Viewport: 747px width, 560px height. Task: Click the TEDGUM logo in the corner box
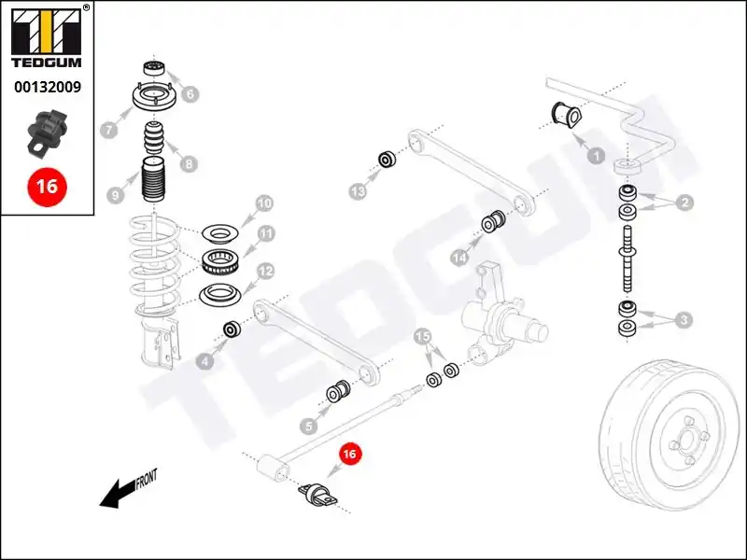click(x=46, y=37)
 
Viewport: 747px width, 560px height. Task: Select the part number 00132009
click(x=48, y=87)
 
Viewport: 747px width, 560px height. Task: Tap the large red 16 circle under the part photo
click(x=48, y=186)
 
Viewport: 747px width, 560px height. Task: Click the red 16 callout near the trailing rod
click(x=350, y=454)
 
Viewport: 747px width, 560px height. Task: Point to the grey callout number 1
click(x=596, y=156)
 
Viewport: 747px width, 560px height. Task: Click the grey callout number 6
click(x=190, y=94)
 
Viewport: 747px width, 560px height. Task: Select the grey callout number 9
click(x=115, y=194)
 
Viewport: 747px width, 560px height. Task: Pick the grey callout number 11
click(x=266, y=233)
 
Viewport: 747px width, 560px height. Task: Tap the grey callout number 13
click(x=358, y=192)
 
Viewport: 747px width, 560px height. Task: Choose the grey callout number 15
click(x=422, y=337)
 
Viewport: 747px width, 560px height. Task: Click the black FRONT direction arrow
click(x=117, y=494)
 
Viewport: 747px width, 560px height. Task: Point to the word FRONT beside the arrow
click(x=147, y=479)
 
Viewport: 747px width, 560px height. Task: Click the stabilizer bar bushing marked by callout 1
click(x=567, y=115)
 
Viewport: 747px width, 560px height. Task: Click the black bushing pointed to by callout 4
click(x=232, y=329)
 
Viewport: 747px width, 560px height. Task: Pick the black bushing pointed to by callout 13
click(x=387, y=160)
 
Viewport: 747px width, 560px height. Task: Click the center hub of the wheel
click(x=687, y=439)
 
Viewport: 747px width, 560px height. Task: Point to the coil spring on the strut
click(x=155, y=264)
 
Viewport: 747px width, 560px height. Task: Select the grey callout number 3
click(x=684, y=319)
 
